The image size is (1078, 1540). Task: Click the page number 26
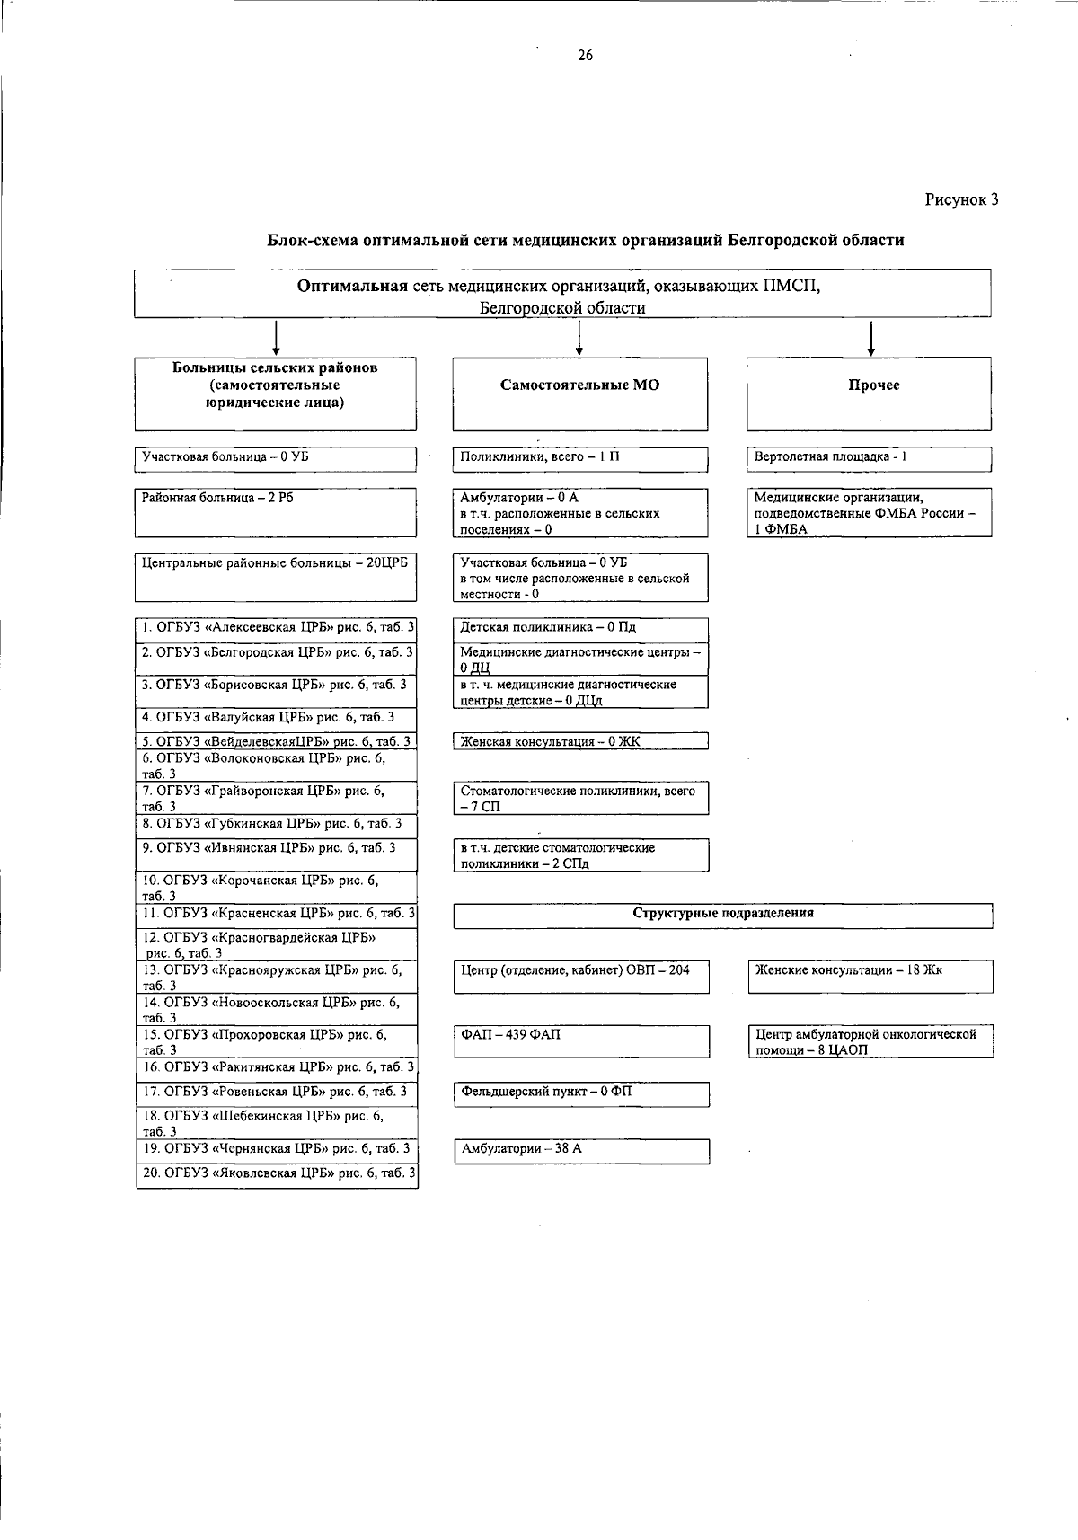[585, 57]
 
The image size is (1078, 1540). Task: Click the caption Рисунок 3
[962, 199]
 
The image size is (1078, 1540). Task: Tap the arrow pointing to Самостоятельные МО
[580, 338]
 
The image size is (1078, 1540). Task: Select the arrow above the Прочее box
[871, 338]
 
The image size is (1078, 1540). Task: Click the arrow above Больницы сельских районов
[275, 338]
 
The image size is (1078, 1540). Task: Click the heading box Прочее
[870, 394]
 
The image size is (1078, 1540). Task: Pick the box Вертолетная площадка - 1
[870, 459]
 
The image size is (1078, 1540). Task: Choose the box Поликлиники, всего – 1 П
[580, 459]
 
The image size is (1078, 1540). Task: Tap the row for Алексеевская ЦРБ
[276, 627]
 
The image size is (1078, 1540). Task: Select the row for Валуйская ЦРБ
[276, 717]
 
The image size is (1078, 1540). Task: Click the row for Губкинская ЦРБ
[276, 824]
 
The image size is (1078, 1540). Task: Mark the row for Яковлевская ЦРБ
[277, 1173]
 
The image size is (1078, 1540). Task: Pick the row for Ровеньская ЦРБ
[277, 1093]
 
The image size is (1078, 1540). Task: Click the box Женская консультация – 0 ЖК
[580, 742]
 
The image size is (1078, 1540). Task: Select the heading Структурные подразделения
[723, 914]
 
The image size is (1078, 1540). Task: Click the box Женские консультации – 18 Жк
[870, 976]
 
